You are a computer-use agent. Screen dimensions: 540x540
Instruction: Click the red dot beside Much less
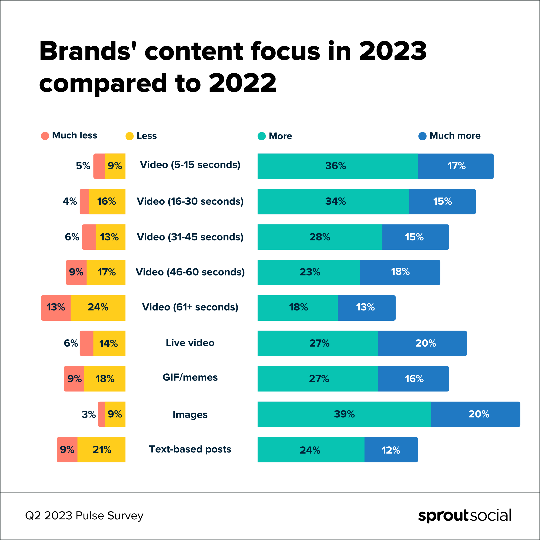click(x=45, y=136)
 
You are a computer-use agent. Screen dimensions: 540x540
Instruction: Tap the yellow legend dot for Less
click(x=129, y=136)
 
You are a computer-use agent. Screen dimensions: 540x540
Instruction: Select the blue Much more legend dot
click(x=422, y=136)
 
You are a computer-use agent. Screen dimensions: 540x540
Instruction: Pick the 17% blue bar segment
click(x=456, y=166)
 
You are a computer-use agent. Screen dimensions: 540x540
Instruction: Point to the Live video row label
click(x=190, y=343)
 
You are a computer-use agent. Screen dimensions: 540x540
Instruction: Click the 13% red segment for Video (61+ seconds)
click(x=56, y=308)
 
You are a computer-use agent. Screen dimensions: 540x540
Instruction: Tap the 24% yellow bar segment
click(x=98, y=308)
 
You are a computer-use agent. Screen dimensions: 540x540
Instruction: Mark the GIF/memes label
click(x=190, y=377)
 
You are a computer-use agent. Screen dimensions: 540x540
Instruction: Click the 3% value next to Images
click(x=89, y=414)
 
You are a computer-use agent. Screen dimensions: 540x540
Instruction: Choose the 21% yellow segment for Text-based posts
click(x=102, y=450)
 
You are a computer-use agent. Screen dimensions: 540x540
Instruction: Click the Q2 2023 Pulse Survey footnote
click(x=84, y=515)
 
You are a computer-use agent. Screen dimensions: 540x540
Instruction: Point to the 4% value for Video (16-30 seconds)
click(x=70, y=201)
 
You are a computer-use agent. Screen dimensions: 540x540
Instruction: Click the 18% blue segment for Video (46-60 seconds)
click(x=400, y=272)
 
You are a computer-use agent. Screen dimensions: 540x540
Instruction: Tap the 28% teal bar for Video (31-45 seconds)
click(x=320, y=237)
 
